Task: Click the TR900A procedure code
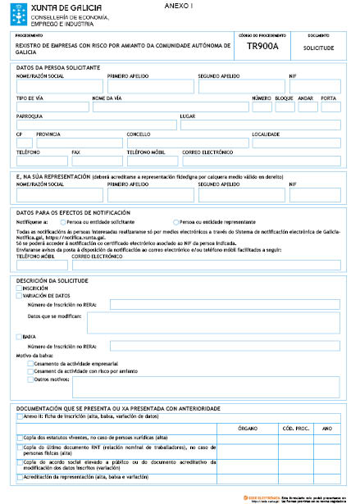[x=262, y=47]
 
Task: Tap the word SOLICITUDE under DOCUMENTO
[x=319, y=48]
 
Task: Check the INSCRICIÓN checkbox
[x=19, y=288]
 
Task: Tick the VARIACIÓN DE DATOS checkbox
[x=19, y=296]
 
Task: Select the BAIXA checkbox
[x=19, y=337]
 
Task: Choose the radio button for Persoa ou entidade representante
[x=175, y=222]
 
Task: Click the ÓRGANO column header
[x=248, y=429]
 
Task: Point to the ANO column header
[x=327, y=429]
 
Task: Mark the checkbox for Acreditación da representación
[x=19, y=476]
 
